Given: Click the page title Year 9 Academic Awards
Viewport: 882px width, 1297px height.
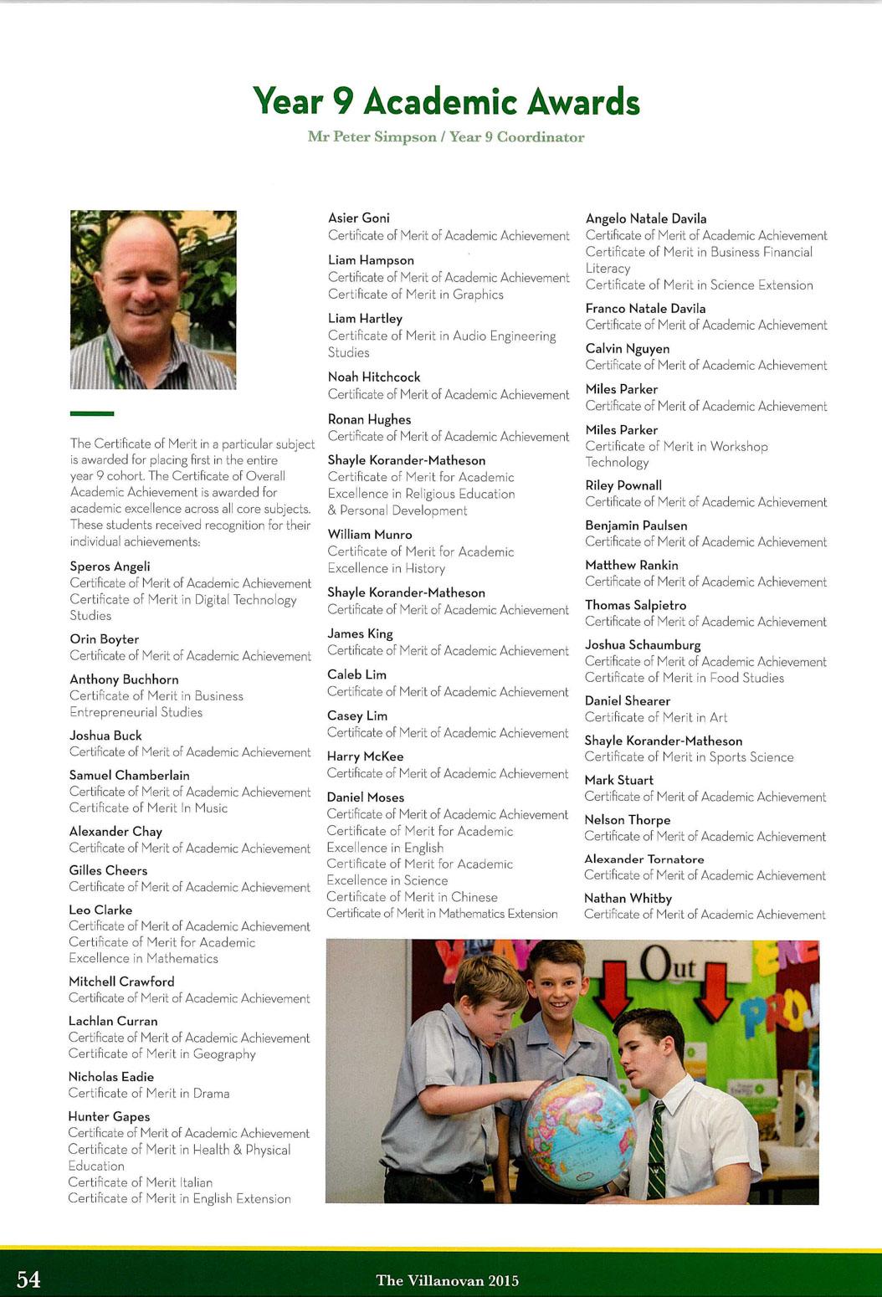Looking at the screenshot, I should point(446,102).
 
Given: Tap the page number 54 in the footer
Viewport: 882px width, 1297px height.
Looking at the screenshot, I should point(28,1279).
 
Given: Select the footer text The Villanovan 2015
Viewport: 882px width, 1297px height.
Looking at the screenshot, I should point(447,1280).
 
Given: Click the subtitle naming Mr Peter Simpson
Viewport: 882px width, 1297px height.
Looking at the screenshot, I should point(446,137).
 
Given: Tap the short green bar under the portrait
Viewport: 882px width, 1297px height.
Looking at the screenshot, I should point(92,413).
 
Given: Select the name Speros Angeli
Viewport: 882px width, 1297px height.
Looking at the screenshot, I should point(110,566).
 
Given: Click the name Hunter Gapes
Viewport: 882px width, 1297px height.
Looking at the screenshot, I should point(109,1116).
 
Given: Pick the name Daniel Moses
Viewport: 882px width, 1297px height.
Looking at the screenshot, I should point(365,797).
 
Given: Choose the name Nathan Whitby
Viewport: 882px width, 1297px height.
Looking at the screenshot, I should point(628,898).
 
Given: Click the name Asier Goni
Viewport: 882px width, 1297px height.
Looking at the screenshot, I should point(358,218).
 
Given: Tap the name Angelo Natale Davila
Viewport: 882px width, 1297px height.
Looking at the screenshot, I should point(645,218).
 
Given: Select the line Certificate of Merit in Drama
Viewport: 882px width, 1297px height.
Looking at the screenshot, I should point(149,1093).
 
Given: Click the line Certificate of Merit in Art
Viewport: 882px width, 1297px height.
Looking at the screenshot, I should point(655,717).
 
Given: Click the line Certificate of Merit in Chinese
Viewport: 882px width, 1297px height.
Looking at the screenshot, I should point(412,897).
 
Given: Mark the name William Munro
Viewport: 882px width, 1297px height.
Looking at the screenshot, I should point(369,535).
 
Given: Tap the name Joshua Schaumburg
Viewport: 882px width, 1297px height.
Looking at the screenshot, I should point(642,645).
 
